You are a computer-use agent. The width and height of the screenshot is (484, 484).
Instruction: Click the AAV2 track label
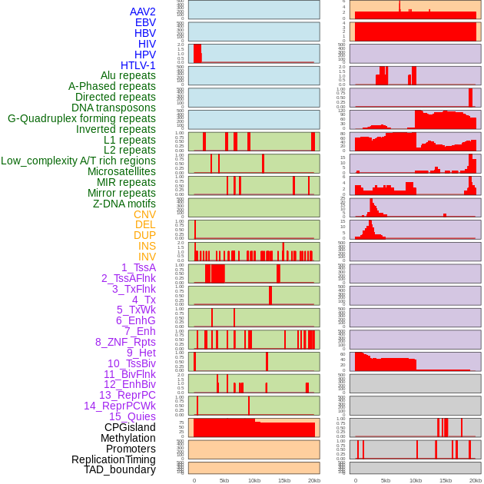(x=142, y=12)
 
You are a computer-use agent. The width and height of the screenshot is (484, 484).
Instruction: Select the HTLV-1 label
(x=138, y=65)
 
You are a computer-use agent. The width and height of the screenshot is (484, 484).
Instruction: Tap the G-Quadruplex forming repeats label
(x=81, y=118)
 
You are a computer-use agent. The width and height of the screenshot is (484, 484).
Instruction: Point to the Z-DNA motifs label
(x=124, y=204)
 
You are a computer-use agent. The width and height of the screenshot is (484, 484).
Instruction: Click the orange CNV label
(x=144, y=214)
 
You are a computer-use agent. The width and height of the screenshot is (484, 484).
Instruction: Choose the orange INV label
(x=147, y=257)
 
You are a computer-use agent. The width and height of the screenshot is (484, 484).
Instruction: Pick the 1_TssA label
(x=138, y=267)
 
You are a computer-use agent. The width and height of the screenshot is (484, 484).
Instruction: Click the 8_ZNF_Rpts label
(x=125, y=342)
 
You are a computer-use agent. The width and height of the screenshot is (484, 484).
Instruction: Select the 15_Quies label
(x=132, y=416)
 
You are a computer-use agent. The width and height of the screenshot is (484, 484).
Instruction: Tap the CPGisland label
(x=130, y=427)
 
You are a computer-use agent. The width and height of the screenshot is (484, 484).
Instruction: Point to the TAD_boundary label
(x=120, y=469)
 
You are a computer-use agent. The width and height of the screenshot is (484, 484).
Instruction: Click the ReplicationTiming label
(x=114, y=459)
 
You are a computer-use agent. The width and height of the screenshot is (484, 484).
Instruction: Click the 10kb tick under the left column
(x=254, y=480)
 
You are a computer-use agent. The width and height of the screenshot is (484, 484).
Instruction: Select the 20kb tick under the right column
(x=476, y=480)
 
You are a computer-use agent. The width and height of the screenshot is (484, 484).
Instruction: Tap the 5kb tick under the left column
(x=224, y=480)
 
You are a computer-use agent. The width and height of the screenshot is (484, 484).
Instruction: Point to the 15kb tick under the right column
(x=446, y=480)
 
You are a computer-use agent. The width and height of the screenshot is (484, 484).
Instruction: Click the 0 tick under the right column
(x=355, y=480)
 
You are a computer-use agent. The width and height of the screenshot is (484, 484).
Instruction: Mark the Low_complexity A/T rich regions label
(x=78, y=161)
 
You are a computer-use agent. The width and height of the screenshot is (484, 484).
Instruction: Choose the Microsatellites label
(x=121, y=171)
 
